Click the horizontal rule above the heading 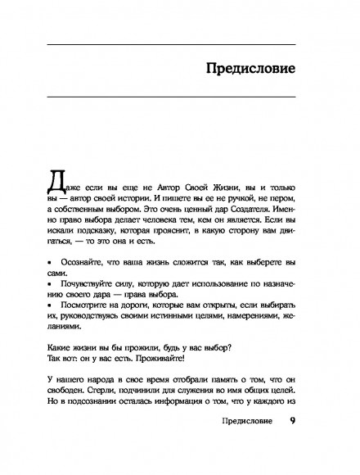pos(179,42)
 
